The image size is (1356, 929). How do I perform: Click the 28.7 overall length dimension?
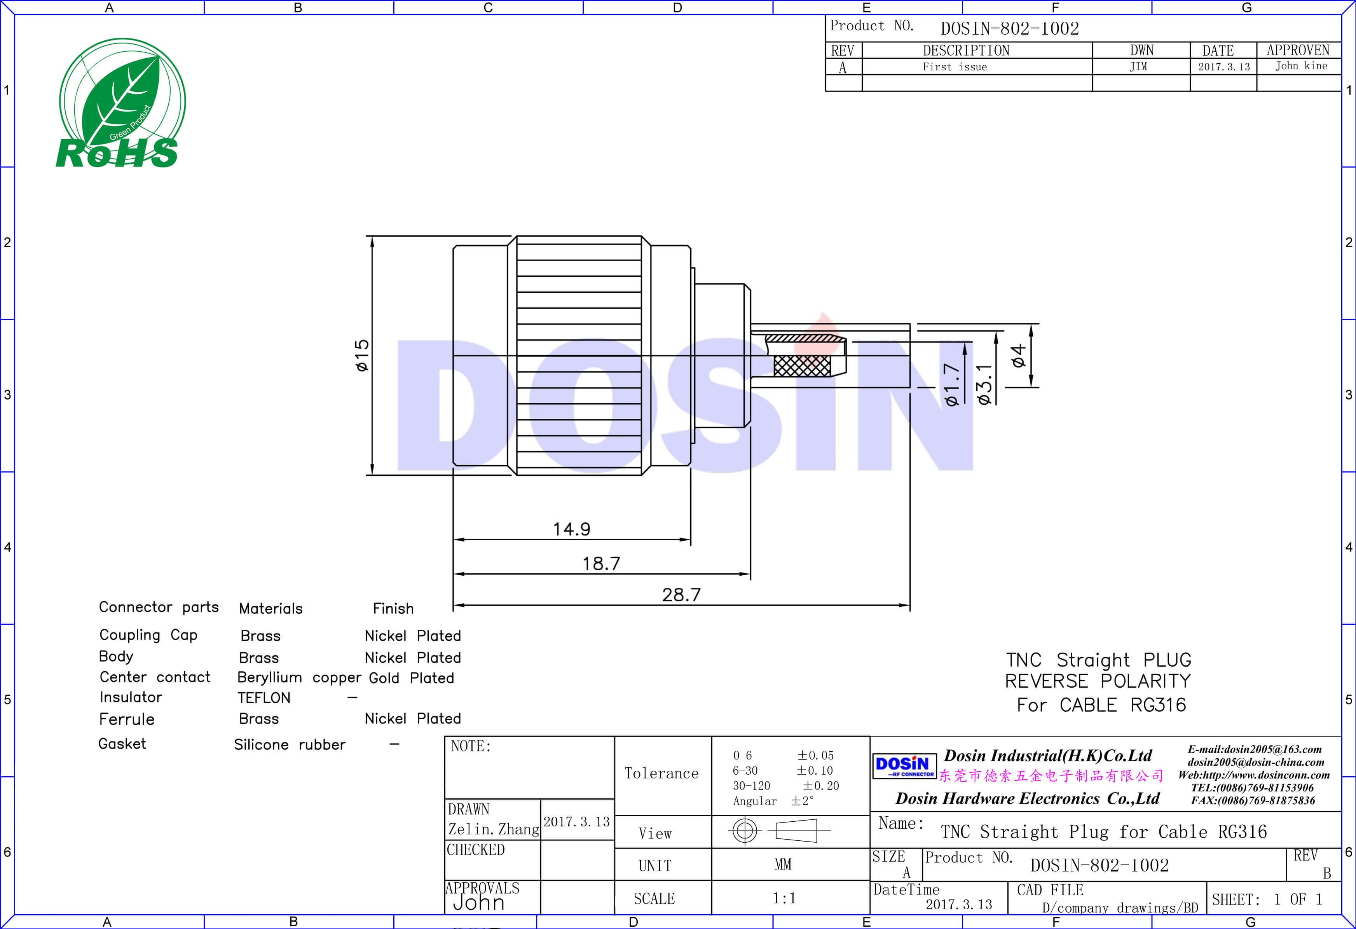(x=681, y=595)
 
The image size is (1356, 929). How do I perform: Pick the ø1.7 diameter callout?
(x=952, y=384)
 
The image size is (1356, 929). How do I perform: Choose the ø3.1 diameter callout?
(x=984, y=384)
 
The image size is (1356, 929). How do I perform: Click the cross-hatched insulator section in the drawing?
(x=802, y=366)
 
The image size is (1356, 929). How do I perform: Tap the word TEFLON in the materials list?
(x=264, y=698)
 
